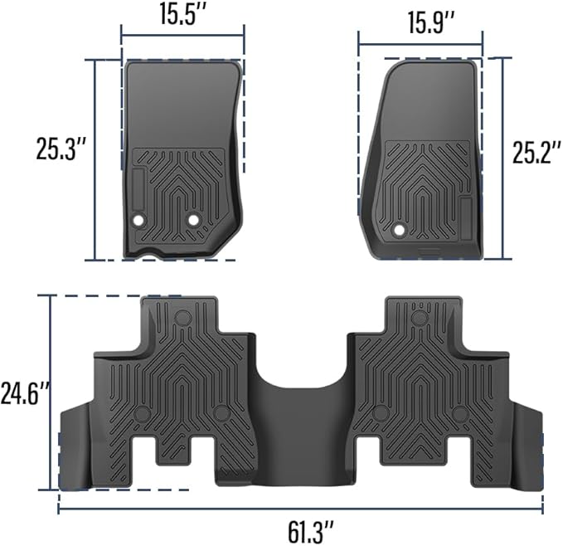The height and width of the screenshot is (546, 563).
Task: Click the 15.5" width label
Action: pyautogui.click(x=182, y=13)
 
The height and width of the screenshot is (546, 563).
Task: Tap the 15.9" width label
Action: pyautogui.click(x=420, y=22)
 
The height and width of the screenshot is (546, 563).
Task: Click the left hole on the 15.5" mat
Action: pyautogui.click(x=138, y=220)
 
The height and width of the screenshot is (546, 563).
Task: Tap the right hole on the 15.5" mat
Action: pyautogui.click(x=194, y=219)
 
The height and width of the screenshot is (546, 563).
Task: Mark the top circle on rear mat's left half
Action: pyautogui.click(x=183, y=316)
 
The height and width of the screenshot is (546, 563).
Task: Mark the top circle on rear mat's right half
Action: pyautogui.click(x=420, y=317)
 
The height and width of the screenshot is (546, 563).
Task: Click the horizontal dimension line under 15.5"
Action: pyautogui.click(x=182, y=36)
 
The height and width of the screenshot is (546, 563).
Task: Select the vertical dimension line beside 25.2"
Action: pyautogui.click(x=497, y=158)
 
